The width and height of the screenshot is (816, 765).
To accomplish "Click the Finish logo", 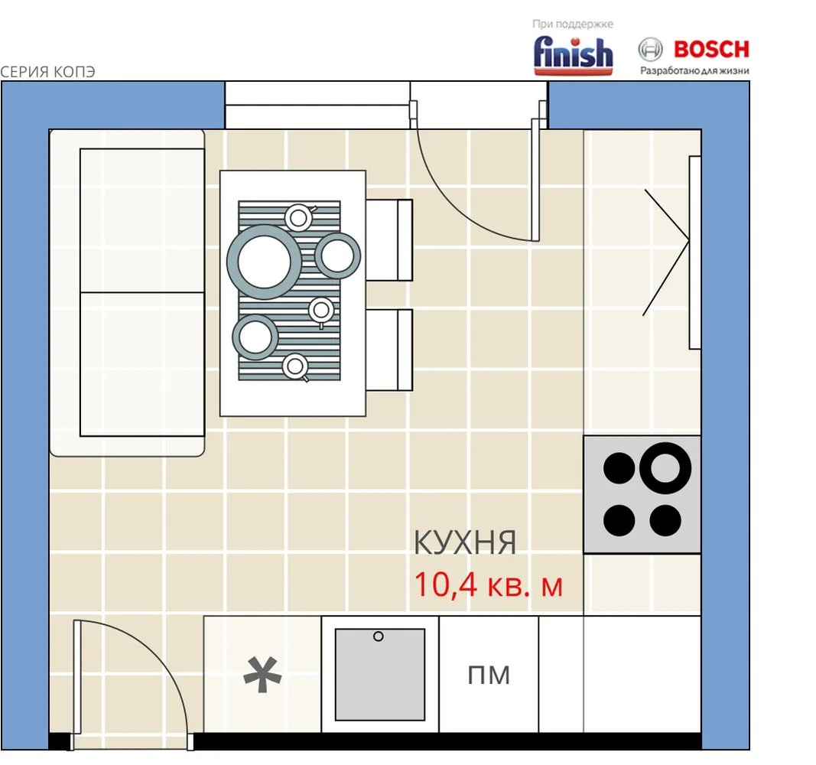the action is [x=573, y=54].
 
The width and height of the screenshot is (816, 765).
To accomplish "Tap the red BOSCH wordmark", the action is [x=711, y=50].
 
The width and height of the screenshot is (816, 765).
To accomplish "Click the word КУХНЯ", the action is [x=465, y=542].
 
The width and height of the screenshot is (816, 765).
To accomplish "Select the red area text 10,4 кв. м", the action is [x=488, y=584].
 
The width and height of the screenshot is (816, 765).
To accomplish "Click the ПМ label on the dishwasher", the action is [x=489, y=675].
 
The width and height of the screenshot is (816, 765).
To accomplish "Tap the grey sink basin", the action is [x=380, y=675].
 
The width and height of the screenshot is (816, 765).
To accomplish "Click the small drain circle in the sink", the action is [x=379, y=636].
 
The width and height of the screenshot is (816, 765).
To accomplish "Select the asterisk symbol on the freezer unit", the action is [x=262, y=675].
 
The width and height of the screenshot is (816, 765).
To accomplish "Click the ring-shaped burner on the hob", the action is [x=665, y=468].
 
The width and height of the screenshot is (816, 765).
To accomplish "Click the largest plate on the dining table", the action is [x=265, y=262].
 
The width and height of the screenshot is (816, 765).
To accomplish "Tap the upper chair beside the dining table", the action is [x=389, y=240].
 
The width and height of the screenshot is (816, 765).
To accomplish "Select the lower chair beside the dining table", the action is [x=389, y=350].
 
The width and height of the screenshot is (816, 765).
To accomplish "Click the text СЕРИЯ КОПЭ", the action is [x=47, y=72].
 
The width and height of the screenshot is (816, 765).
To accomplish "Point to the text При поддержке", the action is [x=573, y=24].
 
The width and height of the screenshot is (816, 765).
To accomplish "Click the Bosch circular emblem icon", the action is [x=651, y=50].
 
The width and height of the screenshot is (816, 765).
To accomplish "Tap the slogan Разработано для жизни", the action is [x=694, y=71].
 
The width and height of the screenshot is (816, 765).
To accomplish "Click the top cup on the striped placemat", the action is [x=299, y=217].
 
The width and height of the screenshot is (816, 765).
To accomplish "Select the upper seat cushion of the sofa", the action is [x=142, y=220].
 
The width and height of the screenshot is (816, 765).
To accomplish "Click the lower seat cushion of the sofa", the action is [x=142, y=364].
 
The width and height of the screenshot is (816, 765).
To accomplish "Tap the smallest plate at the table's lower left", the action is [x=255, y=337].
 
